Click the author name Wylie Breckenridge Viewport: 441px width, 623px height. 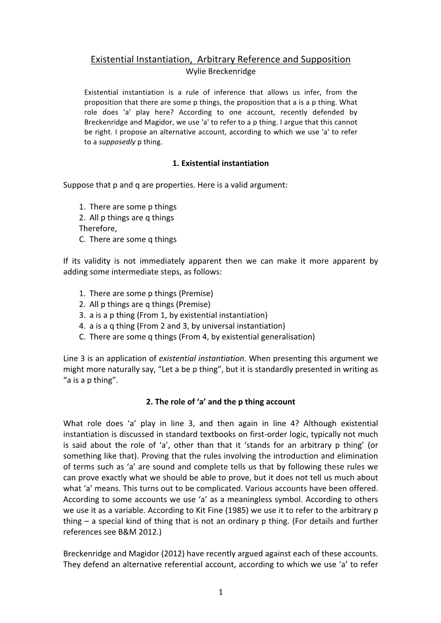[x=220, y=72]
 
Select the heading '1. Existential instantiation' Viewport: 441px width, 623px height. [x=220, y=163]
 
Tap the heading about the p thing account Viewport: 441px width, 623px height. [x=220, y=402]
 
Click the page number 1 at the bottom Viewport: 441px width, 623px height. [x=220, y=592]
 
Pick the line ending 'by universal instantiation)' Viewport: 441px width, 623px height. [x=182, y=326]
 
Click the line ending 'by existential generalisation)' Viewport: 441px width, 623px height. [x=197, y=337]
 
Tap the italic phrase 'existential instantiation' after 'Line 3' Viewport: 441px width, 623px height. [x=201, y=358]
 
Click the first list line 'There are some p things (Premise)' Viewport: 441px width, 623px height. [x=151, y=294]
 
